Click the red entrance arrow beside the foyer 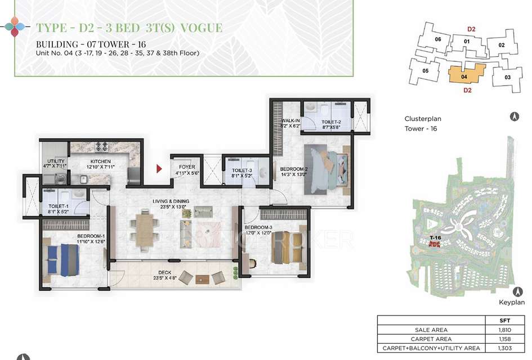pyautogui.click(x=159, y=168)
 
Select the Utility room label pyautogui.click(x=54, y=164)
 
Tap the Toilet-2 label pyautogui.click(x=332, y=124)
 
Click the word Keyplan pyautogui.click(x=512, y=302)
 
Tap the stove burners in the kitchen pyautogui.click(x=102, y=146)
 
